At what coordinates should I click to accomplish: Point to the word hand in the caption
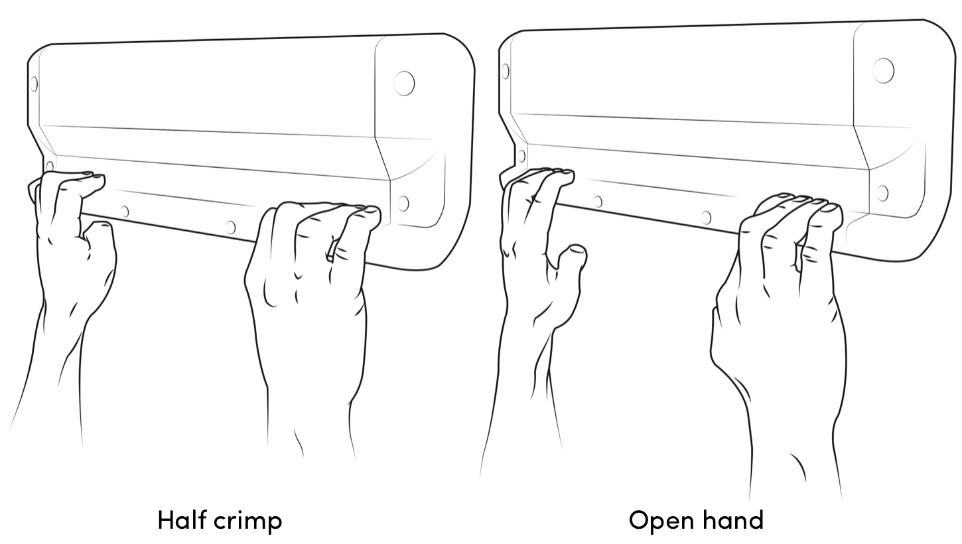734,520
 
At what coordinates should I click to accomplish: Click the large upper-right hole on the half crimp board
404,84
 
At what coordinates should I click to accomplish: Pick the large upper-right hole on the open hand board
884,70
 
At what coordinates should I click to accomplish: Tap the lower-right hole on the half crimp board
403,203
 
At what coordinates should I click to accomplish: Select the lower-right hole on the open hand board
882,193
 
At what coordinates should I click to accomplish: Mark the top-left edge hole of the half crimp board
34,84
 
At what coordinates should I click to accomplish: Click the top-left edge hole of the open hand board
506,71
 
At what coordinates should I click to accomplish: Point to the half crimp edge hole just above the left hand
50,166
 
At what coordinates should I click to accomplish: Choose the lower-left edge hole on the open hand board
521,156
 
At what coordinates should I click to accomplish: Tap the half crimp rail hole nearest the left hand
125,212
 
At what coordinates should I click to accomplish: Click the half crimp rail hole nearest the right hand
231,227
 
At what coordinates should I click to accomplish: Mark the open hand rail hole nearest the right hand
706,218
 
